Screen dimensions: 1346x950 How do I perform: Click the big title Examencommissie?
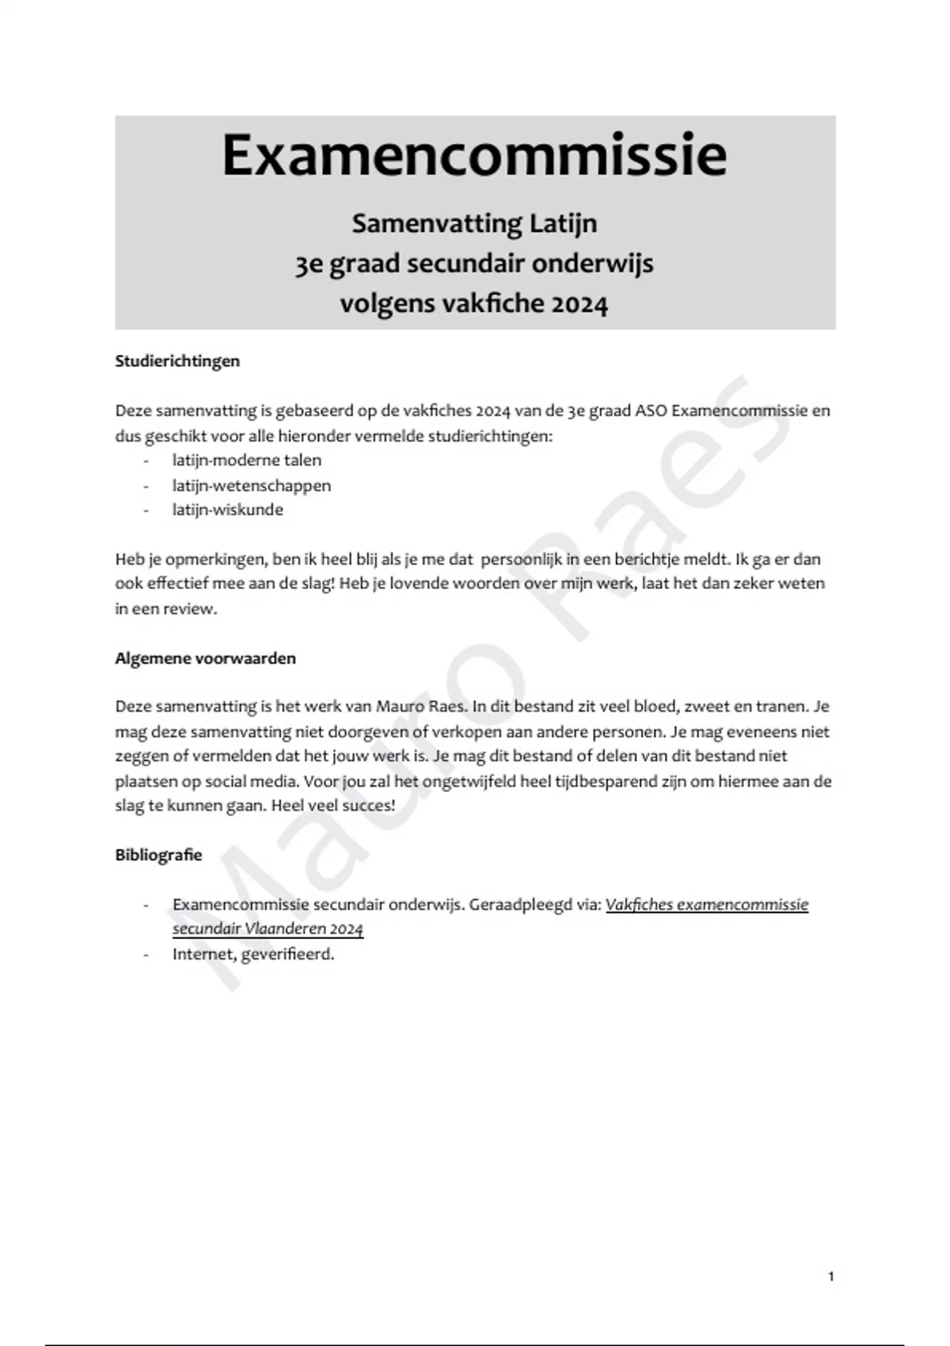pyautogui.click(x=474, y=156)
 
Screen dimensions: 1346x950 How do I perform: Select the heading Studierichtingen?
pyautogui.click(x=177, y=361)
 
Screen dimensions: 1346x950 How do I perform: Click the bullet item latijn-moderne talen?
pyautogui.click(x=246, y=460)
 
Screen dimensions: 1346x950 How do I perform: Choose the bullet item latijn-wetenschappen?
pyautogui.click(x=251, y=485)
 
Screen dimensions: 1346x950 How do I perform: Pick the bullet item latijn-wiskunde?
pyautogui.click(x=227, y=510)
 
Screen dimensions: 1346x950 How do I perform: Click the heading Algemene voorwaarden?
pyautogui.click(x=205, y=659)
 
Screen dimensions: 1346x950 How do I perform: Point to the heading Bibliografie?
pyautogui.click(x=158, y=855)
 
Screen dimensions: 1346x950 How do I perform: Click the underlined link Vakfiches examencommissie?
pyautogui.click(x=706, y=904)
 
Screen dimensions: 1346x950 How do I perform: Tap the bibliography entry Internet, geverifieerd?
pyautogui.click(x=253, y=954)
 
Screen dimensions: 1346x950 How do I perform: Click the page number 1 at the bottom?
pyautogui.click(x=830, y=1276)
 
